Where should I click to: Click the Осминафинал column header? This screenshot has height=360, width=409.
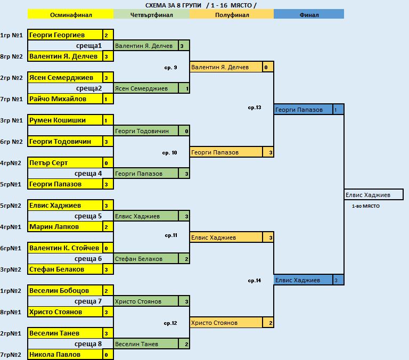[70, 14]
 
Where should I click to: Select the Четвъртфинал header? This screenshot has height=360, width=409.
[152, 14]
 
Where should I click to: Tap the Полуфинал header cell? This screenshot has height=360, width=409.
[232, 14]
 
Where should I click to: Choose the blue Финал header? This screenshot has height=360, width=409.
[309, 14]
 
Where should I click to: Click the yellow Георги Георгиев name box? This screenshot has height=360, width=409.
[65, 35]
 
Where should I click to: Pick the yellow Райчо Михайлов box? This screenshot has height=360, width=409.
[65, 99]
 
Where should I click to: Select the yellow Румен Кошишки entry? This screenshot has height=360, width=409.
[65, 120]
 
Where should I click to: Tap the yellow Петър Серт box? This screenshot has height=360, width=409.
[65, 163]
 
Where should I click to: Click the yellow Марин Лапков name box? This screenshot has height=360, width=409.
[65, 227]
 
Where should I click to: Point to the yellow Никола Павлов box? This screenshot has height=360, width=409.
[65, 355]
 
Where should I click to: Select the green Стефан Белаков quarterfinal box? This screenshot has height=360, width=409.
[146, 259]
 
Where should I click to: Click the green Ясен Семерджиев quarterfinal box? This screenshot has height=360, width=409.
[146, 88]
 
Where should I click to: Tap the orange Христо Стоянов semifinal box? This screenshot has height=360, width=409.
[226, 323]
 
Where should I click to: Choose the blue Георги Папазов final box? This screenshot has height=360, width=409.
[304, 110]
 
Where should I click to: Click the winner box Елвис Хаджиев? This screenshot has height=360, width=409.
[373, 195]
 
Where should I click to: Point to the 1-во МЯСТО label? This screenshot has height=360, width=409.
[366, 206]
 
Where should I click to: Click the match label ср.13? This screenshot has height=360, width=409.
[255, 108]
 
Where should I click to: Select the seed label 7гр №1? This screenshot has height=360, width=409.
[11, 99]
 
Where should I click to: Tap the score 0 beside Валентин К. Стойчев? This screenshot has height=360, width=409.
[106, 248]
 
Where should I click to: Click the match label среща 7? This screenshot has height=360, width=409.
[88, 301]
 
